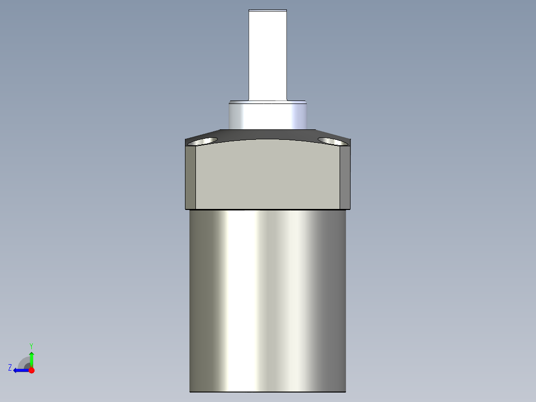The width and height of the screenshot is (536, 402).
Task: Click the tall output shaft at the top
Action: pyautogui.click(x=268, y=55)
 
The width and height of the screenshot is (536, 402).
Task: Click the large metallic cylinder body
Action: pyautogui.click(x=268, y=299)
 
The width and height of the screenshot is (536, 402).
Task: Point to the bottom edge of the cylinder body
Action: pyautogui.click(x=268, y=392)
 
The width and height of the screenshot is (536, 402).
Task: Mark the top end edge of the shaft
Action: pyautogui.click(x=268, y=10)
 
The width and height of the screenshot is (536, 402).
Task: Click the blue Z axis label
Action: pyautogui.click(x=10, y=368)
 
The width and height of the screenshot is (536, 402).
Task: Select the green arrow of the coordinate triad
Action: pyautogui.click(x=31, y=358)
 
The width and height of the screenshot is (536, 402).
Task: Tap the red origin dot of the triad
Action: pyautogui.click(x=31, y=370)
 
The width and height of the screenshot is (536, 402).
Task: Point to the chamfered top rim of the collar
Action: pyautogui.click(x=268, y=102)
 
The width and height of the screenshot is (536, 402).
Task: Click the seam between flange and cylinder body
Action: pyautogui.click(x=268, y=209)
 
